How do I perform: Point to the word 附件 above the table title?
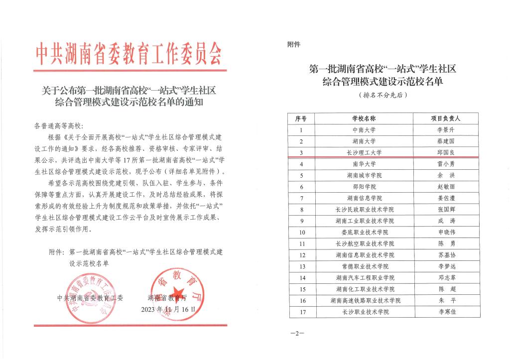294,45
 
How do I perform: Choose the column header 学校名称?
364,119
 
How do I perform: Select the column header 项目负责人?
445,119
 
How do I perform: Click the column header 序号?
301,119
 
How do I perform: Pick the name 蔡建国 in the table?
445,141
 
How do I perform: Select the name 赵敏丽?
445,187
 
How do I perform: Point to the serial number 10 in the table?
301,232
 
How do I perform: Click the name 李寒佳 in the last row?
445,312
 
